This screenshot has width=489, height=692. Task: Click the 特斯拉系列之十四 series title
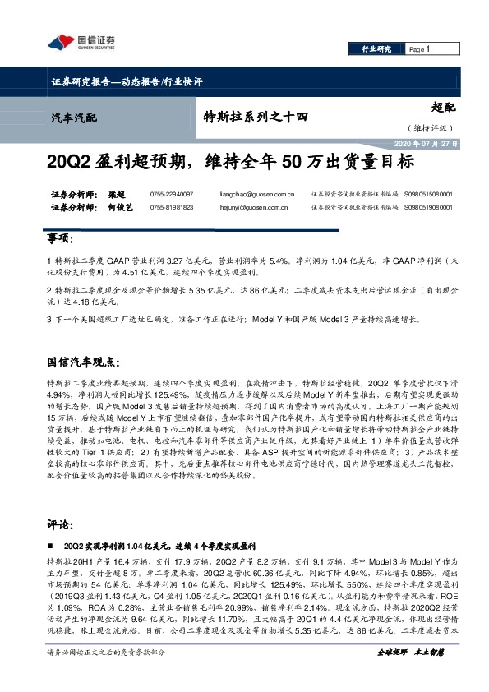click(255, 118)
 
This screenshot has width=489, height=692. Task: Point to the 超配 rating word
click(442, 107)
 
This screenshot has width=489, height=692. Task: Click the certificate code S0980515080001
click(428, 195)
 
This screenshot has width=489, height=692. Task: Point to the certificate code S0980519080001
click(428, 208)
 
